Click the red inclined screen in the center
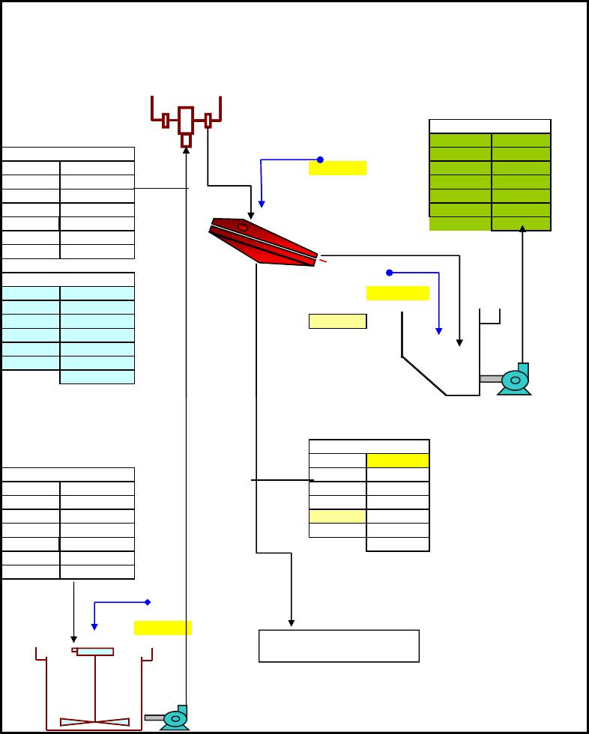(x=270, y=242)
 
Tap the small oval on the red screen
(x=242, y=226)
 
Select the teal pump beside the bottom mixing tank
(x=175, y=718)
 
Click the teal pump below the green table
(x=515, y=378)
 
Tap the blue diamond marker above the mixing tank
(x=148, y=602)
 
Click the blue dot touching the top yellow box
(x=320, y=160)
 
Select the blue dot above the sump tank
(x=390, y=272)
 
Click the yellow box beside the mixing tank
(x=163, y=628)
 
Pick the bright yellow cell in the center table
(x=397, y=461)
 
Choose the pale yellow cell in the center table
(x=337, y=516)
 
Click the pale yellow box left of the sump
(x=337, y=321)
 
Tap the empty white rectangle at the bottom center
(x=339, y=646)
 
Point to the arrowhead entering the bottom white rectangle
(x=292, y=622)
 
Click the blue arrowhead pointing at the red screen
(x=262, y=203)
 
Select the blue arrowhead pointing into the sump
(x=439, y=330)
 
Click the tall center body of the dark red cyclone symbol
(x=186, y=119)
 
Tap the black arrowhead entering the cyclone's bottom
(x=186, y=150)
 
